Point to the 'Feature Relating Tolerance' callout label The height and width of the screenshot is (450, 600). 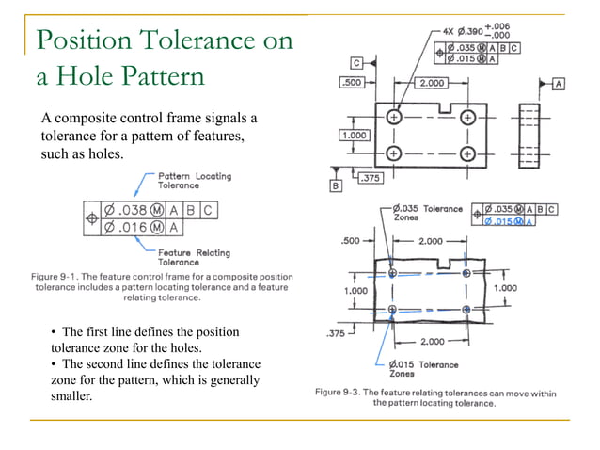click(192, 256)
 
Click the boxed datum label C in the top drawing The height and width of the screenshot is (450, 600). click(358, 63)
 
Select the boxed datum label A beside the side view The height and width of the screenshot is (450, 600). click(560, 84)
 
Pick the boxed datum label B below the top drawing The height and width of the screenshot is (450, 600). click(335, 186)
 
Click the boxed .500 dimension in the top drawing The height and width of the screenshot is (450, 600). click(352, 83)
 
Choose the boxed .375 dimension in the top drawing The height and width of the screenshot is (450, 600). click(370, 176)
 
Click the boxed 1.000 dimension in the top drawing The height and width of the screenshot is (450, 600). click(355, 135)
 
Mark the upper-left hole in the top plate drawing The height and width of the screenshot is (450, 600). click(393, 117)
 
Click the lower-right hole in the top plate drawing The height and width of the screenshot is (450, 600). click(467, 153)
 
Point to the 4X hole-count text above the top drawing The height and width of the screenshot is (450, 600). click(446, 30)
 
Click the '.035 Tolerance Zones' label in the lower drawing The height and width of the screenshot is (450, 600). click(428, 213)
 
